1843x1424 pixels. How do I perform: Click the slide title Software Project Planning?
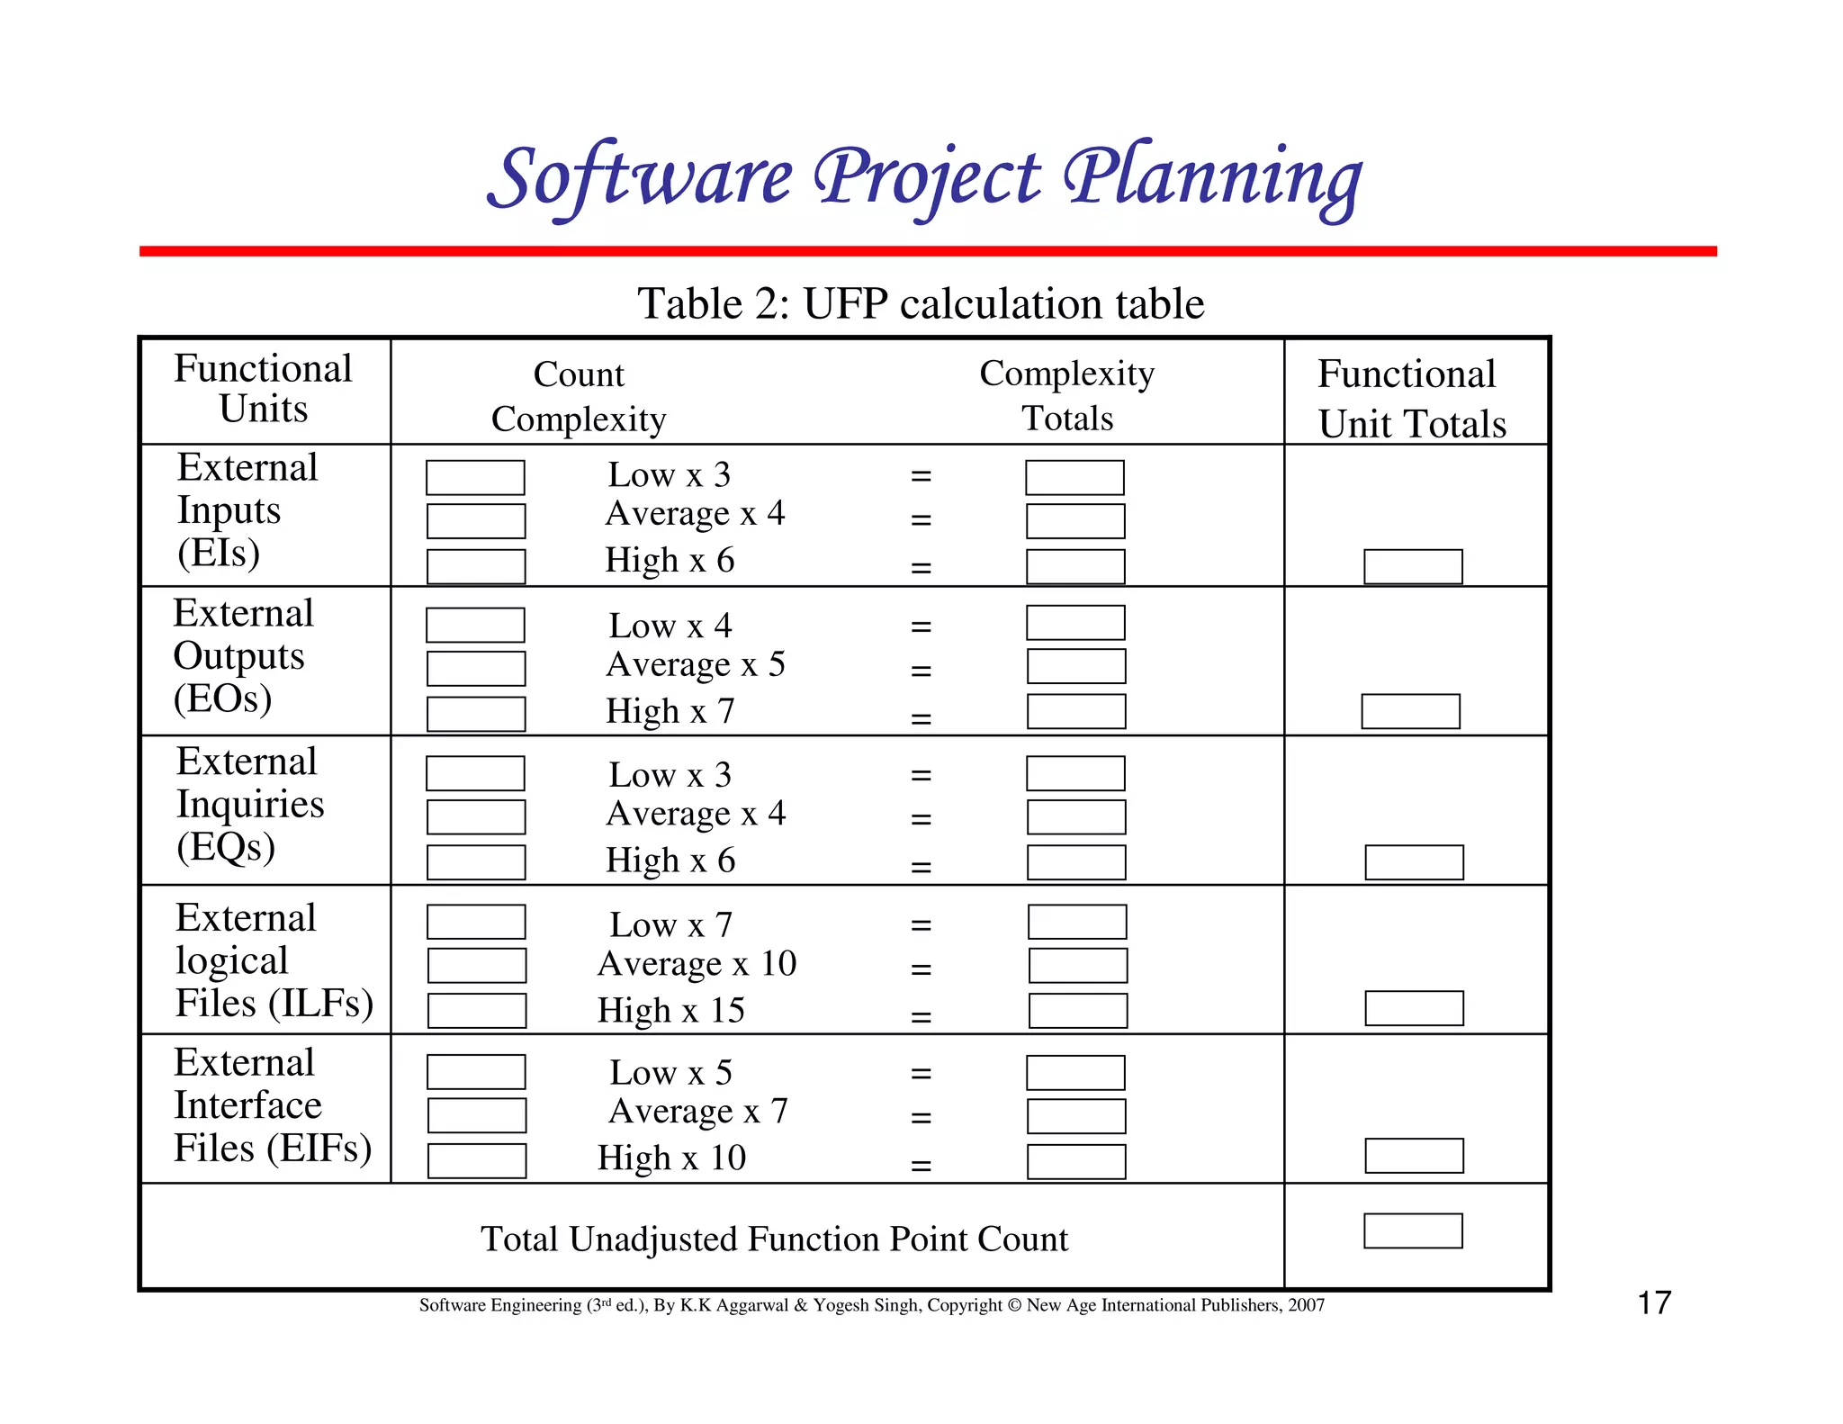924,177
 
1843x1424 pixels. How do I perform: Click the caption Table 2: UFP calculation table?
920,303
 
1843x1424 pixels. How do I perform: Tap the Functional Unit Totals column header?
1411,398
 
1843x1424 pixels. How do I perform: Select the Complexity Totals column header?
1067,395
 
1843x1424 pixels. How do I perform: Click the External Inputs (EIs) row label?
247,509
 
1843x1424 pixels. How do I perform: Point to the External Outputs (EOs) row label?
243,655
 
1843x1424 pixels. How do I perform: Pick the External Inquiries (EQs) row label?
249,804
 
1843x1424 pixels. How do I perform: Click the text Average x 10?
697,964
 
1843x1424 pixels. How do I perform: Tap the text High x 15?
671,1010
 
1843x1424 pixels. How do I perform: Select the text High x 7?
670,711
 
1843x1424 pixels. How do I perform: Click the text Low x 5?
670,1072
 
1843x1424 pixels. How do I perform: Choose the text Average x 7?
697,1112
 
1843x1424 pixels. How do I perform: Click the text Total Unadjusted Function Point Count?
774,1239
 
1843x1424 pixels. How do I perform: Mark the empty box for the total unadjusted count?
1413,1230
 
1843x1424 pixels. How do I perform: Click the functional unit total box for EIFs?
1414,1156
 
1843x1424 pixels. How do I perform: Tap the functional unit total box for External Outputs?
1410,711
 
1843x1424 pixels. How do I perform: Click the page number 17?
1654,1302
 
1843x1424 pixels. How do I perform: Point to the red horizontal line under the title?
927,251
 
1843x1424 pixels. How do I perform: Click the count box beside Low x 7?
476,922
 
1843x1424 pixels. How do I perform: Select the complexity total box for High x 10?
1076,1161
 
